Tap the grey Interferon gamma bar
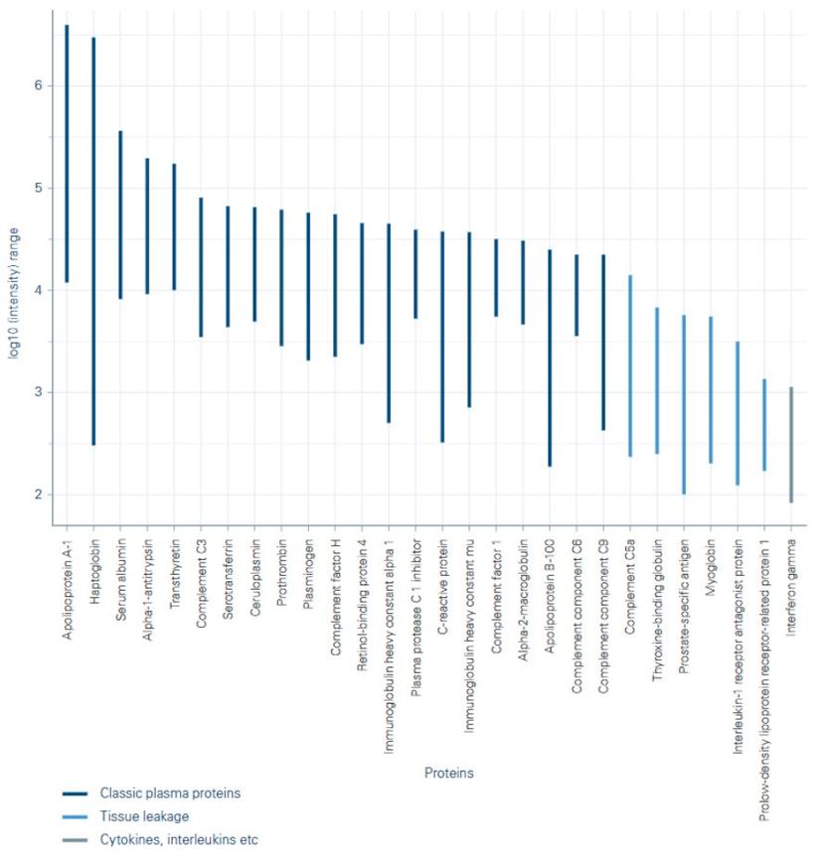(791, 445)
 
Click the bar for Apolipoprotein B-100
(550, 358)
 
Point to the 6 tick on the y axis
(40, 85)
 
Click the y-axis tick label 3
(40, 392)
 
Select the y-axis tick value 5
(40, 188)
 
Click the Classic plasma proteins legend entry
(170, 794)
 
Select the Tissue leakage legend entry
(144, 816)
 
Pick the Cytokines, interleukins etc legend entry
(178, 839)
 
